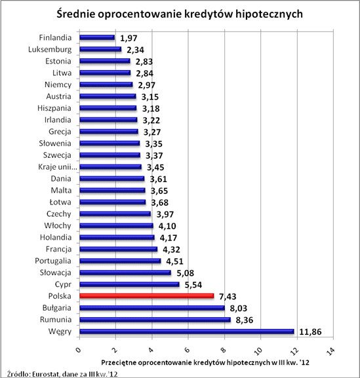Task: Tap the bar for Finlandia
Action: pos(97,37)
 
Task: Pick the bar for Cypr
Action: pos(129,284)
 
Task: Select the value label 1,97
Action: pos(129,38)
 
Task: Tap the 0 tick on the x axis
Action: pos(78,348)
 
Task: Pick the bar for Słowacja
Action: pos(125,273)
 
